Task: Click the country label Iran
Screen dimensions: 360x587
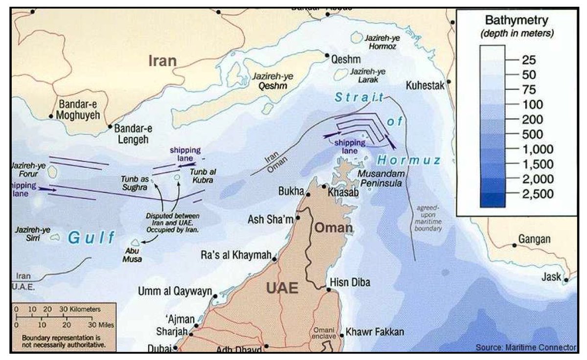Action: tap(163, 61)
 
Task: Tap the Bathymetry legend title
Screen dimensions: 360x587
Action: tap(517, 21)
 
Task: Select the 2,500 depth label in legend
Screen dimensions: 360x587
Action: tap(534, 194)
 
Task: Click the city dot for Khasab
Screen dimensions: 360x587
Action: tap(324, 186)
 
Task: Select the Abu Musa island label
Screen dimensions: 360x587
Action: tap(132, 255)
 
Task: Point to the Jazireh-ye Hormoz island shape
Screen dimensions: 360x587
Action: tap(355, 37)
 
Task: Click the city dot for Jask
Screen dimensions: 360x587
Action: tap(565, 281)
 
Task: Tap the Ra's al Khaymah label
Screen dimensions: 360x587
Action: tap(236, 255)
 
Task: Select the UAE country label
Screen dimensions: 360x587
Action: tap(282, 288)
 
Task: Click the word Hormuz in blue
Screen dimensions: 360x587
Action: tap(409, 160)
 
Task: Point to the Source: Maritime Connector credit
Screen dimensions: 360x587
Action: tap(526, 347)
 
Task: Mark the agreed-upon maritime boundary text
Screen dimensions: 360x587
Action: tap(429, 218)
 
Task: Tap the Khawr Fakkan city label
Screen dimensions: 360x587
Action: tap(375, 332)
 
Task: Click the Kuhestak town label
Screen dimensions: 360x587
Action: tap(425, 86)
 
